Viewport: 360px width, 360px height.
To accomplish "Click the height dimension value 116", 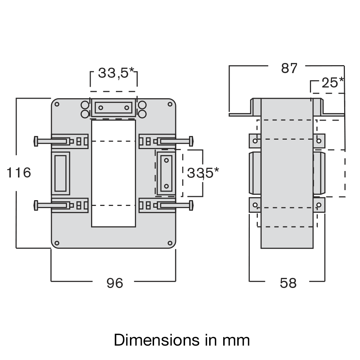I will (x=19, y=173).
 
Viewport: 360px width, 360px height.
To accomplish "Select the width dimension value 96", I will (x=115, y=283).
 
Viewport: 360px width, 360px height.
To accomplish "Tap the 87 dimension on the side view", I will (x=289, y=68).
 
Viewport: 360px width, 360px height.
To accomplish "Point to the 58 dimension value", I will (x=288, y=283).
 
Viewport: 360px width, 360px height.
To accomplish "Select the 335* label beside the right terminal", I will (x=203, y=173).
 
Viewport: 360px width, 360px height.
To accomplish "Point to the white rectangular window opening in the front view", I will (x=113, y=173).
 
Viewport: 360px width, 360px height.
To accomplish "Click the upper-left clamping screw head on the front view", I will (x=35, y=141).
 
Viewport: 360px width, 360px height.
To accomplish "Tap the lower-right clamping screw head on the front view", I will (x=192, y=206).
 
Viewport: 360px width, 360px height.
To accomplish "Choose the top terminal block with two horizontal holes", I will (x=113, y=108).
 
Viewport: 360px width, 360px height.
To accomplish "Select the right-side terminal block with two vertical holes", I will (x=166, y=173).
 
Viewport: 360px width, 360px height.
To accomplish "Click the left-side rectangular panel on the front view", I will (x=60, y=173).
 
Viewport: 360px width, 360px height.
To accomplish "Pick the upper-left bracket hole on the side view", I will (x=255, y=140).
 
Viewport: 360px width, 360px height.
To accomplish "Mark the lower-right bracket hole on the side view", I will (x=319, y=205).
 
